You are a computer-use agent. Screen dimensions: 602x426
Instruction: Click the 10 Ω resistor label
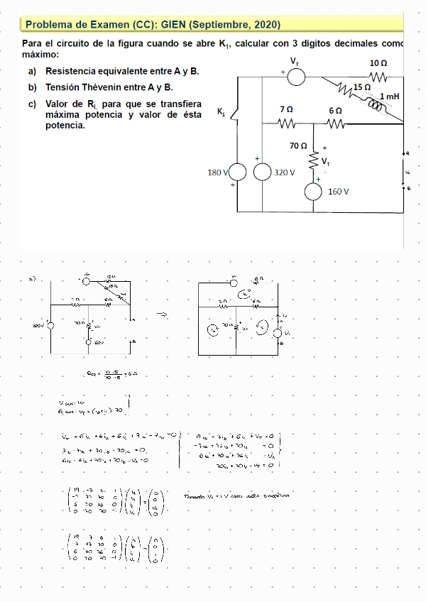378,63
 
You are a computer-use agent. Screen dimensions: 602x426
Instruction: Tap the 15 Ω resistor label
361,87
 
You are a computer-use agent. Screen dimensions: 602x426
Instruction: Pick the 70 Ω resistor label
298,146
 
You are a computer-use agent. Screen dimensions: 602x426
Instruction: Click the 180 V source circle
236,173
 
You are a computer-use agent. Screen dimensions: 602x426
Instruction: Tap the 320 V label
284,173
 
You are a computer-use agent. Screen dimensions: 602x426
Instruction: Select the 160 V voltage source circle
313,191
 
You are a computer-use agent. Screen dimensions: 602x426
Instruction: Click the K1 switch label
220,112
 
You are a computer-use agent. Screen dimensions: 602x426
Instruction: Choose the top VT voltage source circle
295,76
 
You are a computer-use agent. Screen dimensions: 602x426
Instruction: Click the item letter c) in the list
32,104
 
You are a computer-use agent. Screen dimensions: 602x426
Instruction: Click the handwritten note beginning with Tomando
234,496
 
